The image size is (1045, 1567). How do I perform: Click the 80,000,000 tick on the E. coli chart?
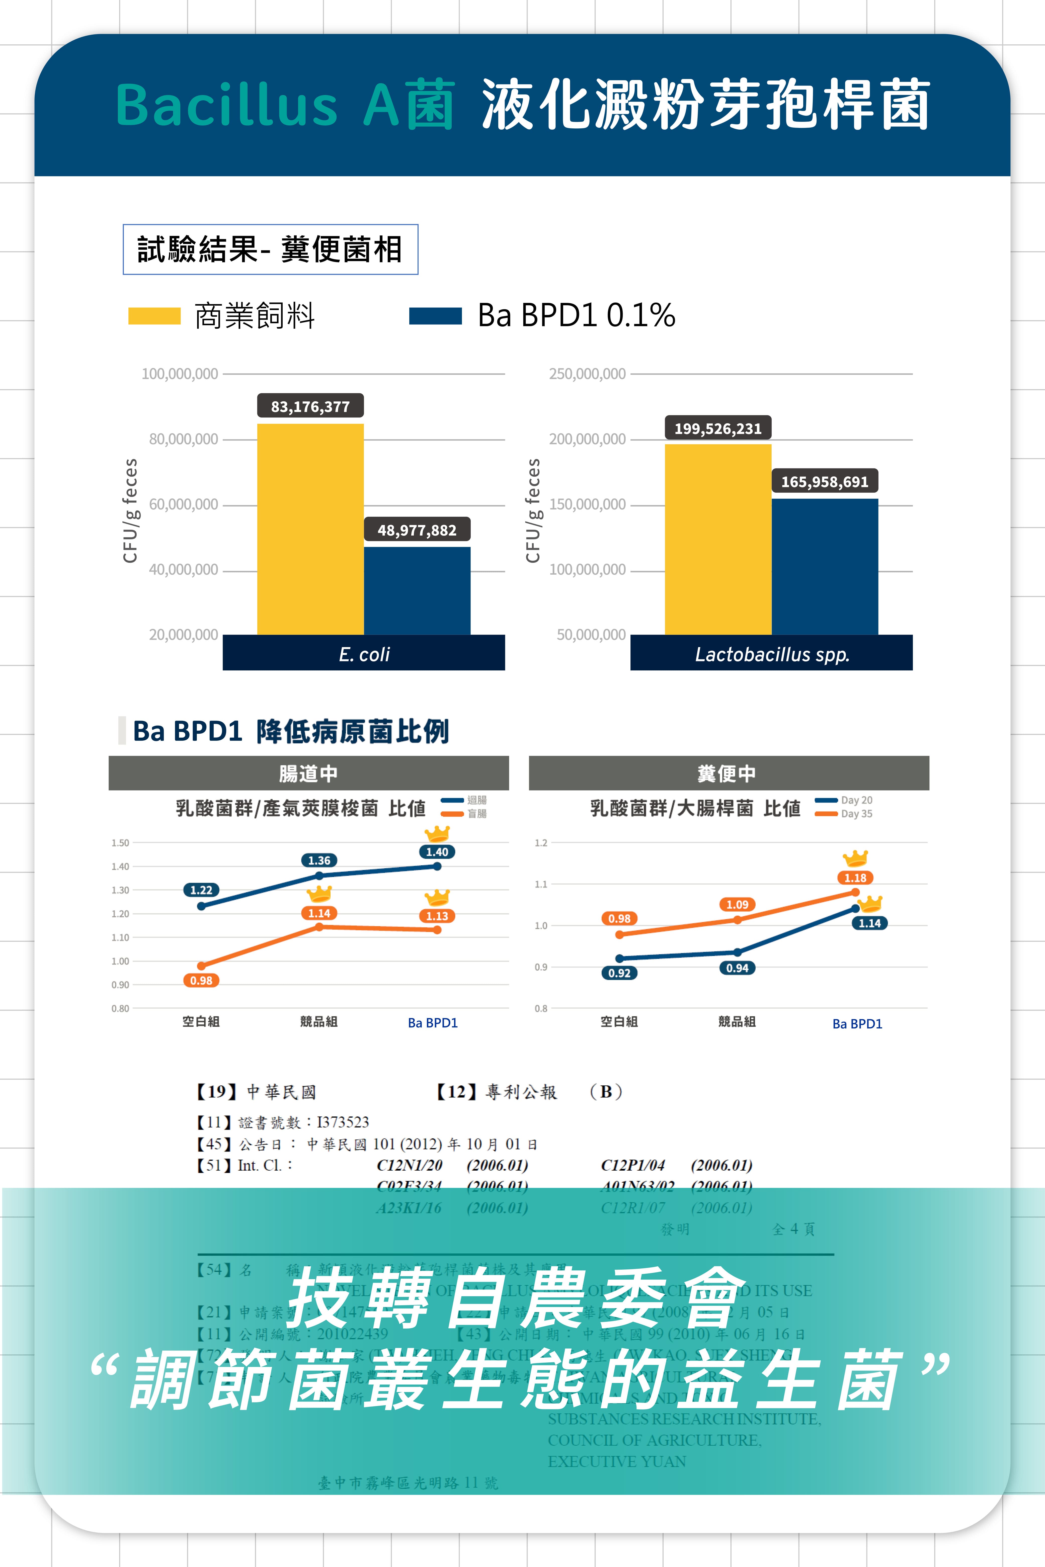pos(183,439)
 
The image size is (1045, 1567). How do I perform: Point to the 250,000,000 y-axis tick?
pos(587,374)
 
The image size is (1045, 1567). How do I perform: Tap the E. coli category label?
pos(364,654)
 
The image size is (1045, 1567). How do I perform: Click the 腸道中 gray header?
pos(308,773)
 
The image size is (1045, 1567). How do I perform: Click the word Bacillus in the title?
pos(227,105)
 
